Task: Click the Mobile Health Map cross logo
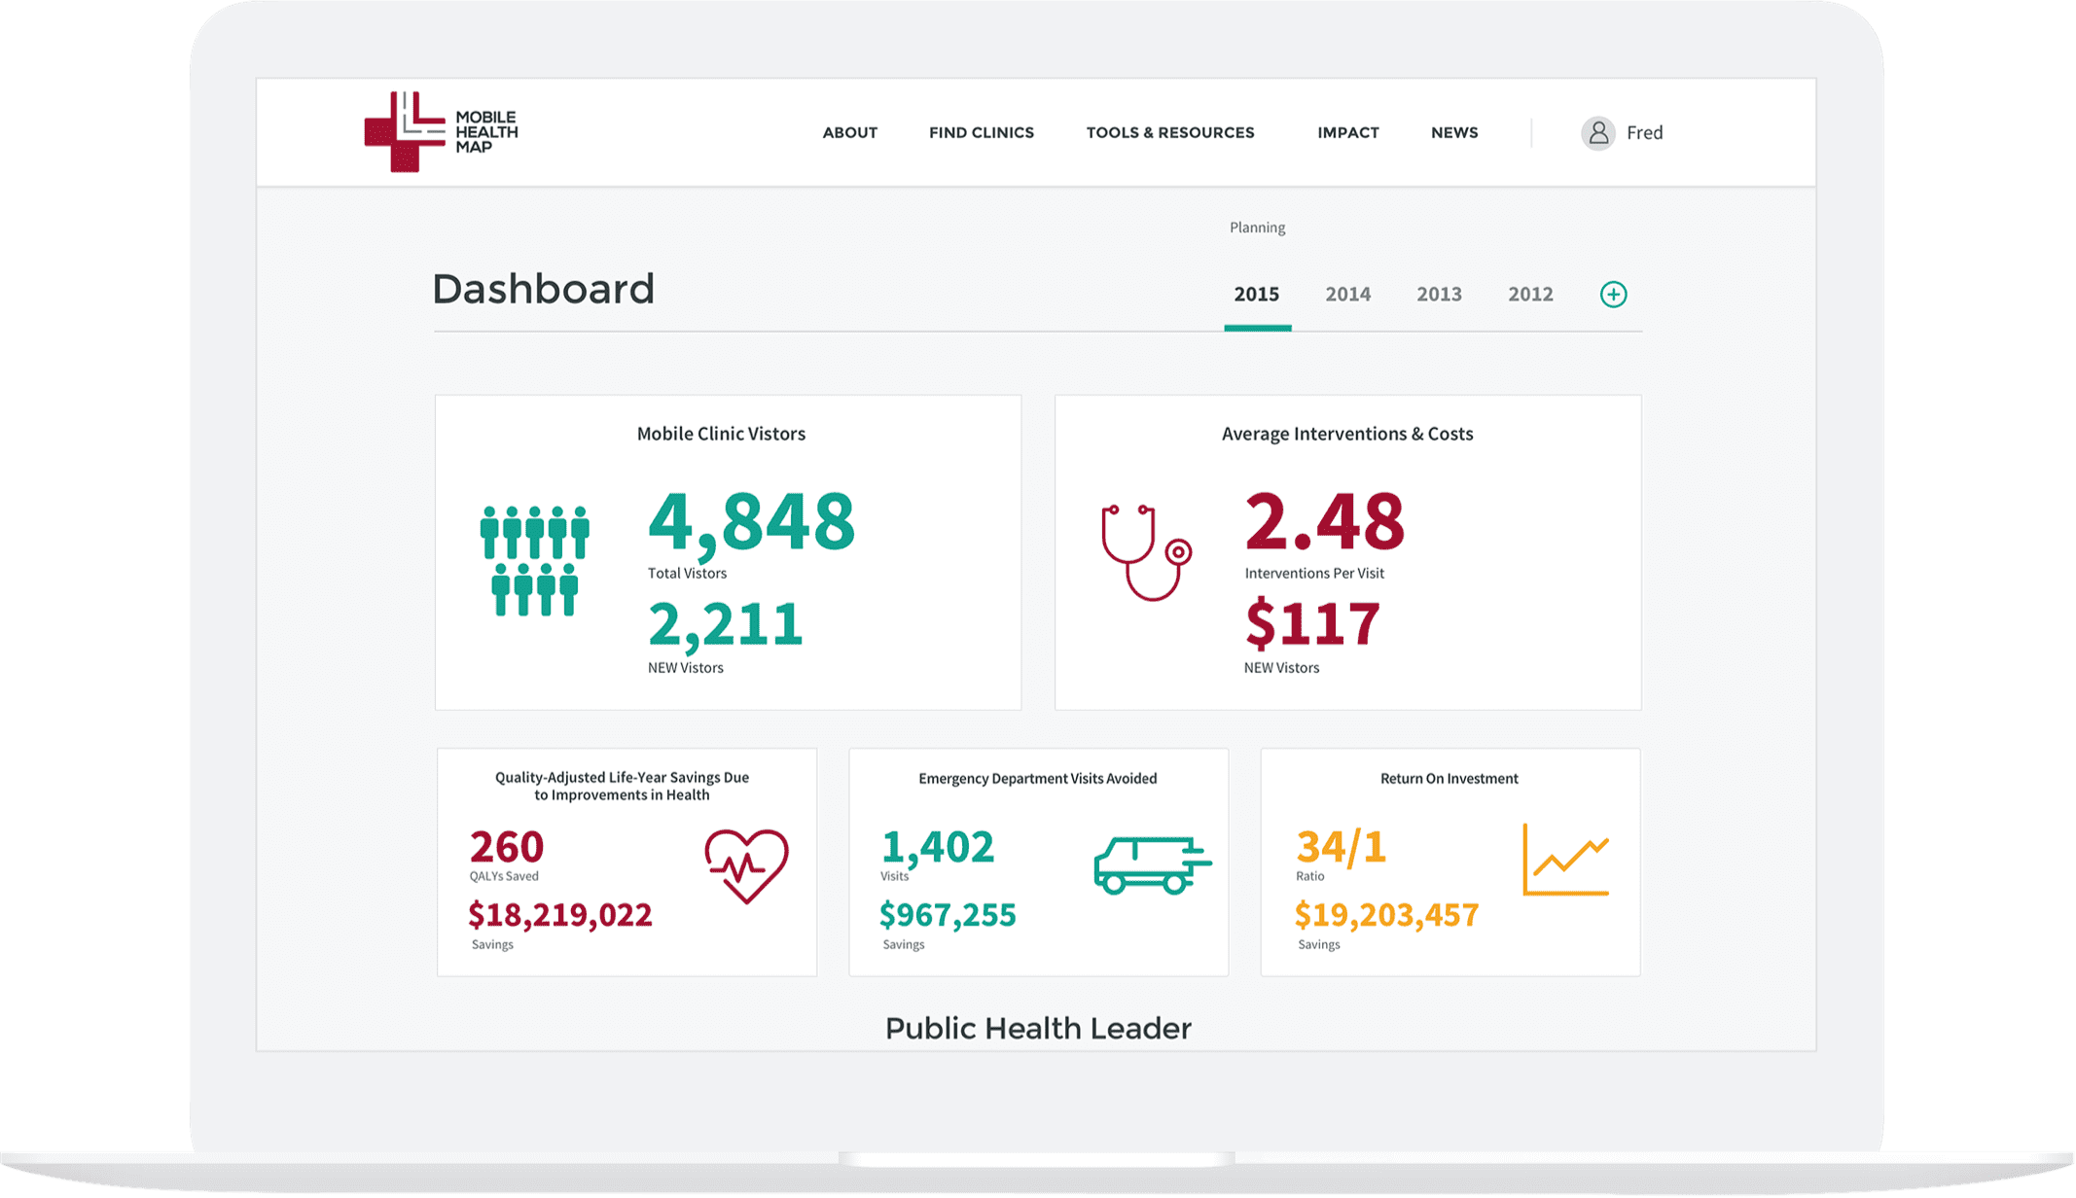click(x=405, y=132)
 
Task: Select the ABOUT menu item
click(x=849, y=133)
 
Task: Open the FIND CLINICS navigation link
click(x=981, y=133)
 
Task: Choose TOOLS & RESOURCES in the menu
click(x=1170, y=133)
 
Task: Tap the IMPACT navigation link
click(x=1347, y=133)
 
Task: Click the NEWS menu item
click(x=1454, y=133)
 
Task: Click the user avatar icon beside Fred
click(x=1597, y=133)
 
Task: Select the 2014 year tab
click(x=1347, y=294)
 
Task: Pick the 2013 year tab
click(x=1439, y=294)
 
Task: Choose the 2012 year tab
click(x=1530, y=294)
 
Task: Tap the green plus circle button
click(x=1613, y=295)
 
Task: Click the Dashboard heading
click(x=543, y=289)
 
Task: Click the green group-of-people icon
click(x=535, y=561)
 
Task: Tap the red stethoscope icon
click(x=1146, y=552)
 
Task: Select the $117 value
click(x=1312, y=623)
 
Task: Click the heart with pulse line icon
click(x=746, y=865)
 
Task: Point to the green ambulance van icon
click(x=1153, y=864)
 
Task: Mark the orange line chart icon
click(x=1565, y=860)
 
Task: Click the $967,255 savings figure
click(x=948, y=915)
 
